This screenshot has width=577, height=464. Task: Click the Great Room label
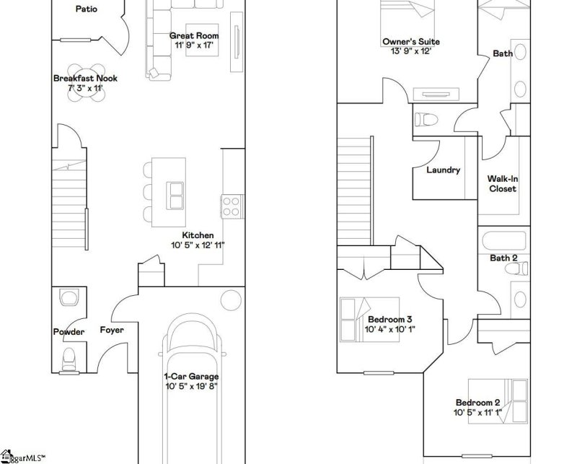pyautogui.click(x=193, y=35)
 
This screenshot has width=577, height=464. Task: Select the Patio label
pyautogui.click(x=86, y=9)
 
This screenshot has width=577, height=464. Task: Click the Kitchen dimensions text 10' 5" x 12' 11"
pyautogui.click(x=198, y=245)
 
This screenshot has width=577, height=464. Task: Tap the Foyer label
pyautogui.click(x=112, y=331)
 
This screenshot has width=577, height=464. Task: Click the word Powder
pyautogui.click(x=69, y=332)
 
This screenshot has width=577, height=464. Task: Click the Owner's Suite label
pyautogui.click(x=410, y=42)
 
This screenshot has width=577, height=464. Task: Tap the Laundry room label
pyautogui.click(x=443, y=170)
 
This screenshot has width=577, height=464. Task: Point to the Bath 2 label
pyautogui.click(x=503, y=258)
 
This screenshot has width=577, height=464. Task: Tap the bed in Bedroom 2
pyautogui.click(x=495, y=399)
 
